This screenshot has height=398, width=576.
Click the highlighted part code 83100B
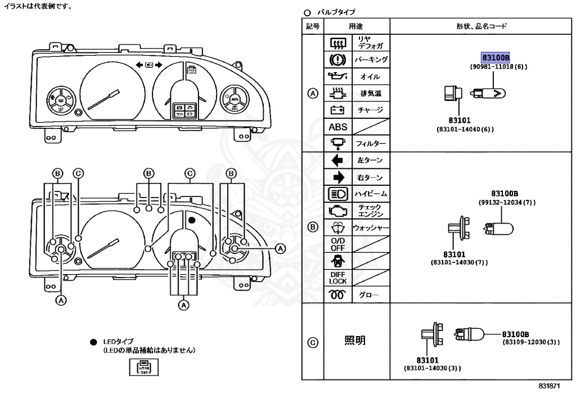pyautogui.click(x=495, y=57)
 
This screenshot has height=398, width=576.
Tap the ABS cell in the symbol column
pyautogui.click(x=337, y=127)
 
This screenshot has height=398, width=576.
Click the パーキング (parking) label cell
pyautogui.click(x=370, y=59)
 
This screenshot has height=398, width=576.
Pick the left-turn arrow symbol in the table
pyautogui.click(x=337, y=160)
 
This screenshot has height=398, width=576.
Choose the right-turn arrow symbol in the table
pyautogui.click(x=337, y=177)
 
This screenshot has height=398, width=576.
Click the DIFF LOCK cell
pyautogui.click(x=337, y=278)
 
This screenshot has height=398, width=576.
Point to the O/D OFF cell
pyautogui.click(x=337, y=244)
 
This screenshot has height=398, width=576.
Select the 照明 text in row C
pyautogui.click(x=355, y=341)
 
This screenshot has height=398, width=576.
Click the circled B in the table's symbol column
pyautogui.click(x=313, y=227)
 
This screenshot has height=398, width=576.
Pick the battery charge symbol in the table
pyautogui.click(x=337, y=110)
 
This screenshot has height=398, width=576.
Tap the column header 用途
pyautogui.click(x=355, y=26)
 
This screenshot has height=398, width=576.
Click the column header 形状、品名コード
pyautogui.click(x=481, y=26)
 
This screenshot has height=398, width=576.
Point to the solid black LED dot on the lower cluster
pyautogui.click(x=191, y=220)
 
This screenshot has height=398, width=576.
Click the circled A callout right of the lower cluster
pyautogui.click(x=280, y=248)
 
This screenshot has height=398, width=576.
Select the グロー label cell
pyautogui.click(x=370, y=294)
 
